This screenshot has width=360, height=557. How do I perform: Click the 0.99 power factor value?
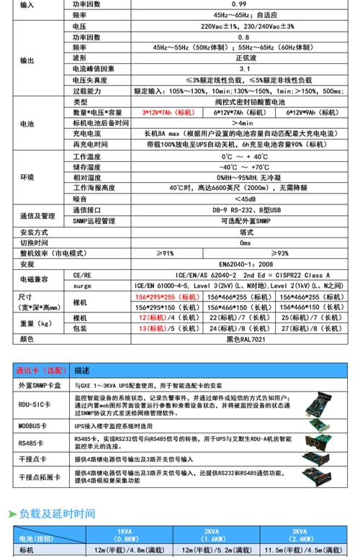point(219,4)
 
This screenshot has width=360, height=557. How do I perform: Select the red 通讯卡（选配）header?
point(42,371)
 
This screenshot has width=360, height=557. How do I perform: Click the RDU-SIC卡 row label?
point(33,405)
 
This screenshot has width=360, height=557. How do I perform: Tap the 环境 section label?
point(27,177)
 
